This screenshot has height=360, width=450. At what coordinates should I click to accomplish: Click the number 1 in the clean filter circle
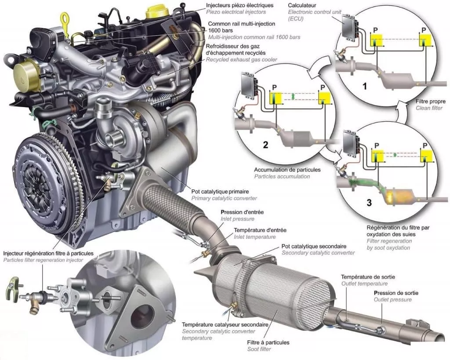tap(365, 86)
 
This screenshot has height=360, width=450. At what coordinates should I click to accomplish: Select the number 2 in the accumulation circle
tap(265, 145)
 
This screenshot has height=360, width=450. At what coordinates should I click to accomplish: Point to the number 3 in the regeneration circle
tap(369, 203)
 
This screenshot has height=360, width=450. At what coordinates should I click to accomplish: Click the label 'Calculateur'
tap(302, 5)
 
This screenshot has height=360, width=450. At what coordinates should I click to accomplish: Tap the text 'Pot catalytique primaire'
tap(220, 192)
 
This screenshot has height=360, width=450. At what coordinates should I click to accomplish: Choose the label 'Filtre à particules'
tap(268, 342)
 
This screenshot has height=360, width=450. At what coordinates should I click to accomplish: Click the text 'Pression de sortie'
tap(396, 293)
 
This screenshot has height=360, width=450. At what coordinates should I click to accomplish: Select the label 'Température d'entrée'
tap(260, 230)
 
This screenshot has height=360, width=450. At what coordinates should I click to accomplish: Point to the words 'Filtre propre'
tap(431, 102)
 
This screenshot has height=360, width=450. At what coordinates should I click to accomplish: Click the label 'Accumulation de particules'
tap(287, 170)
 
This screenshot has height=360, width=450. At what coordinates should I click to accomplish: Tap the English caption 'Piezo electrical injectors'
tap(236, 12)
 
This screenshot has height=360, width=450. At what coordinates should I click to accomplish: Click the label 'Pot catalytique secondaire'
tap(314, 246)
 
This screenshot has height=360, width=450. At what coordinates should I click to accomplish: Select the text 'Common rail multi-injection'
tap(241, 24)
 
